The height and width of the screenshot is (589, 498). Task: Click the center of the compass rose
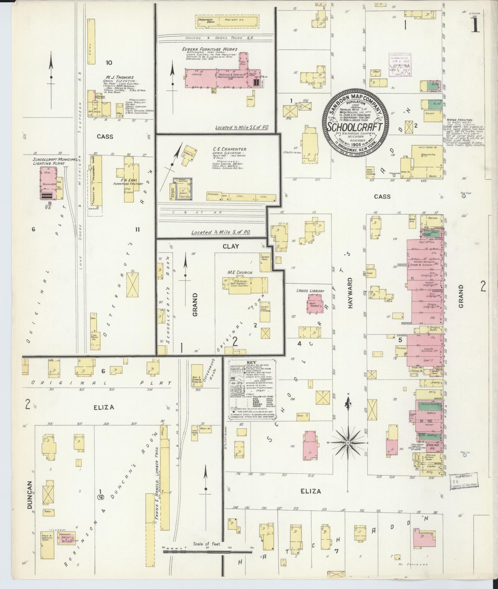pyautogui.click(x=348, y=443)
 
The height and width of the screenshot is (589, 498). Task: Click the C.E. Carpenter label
pyautogui.click(x=230, y=149)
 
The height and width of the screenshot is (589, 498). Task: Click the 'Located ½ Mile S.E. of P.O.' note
pyautogui.click(x=242, y=127)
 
